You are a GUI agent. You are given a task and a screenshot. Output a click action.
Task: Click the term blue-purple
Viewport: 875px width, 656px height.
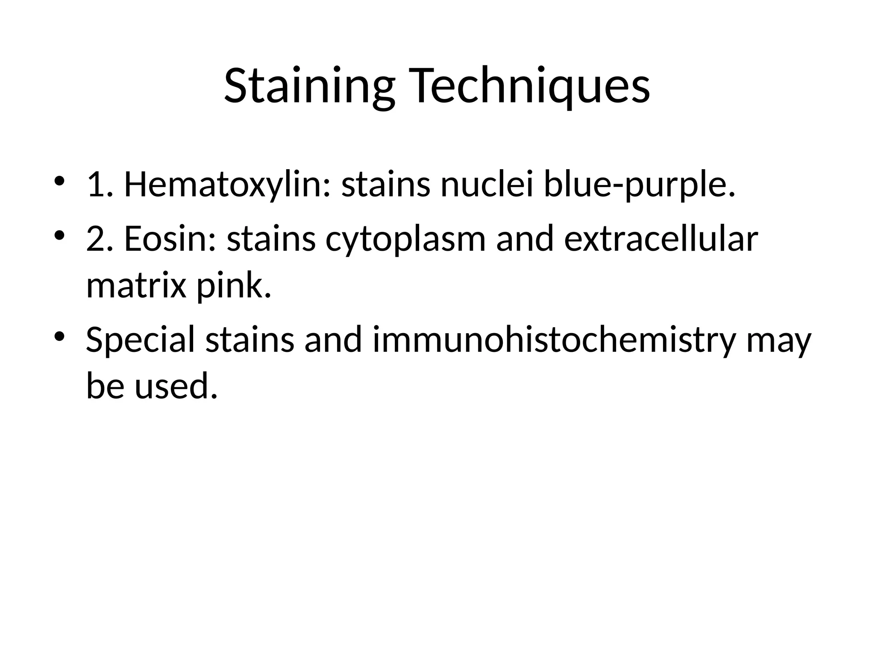[640, 187]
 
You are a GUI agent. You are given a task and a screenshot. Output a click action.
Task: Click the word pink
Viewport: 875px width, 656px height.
[233, 286]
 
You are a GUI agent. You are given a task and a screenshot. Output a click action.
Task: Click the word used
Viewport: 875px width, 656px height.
[176, 386]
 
